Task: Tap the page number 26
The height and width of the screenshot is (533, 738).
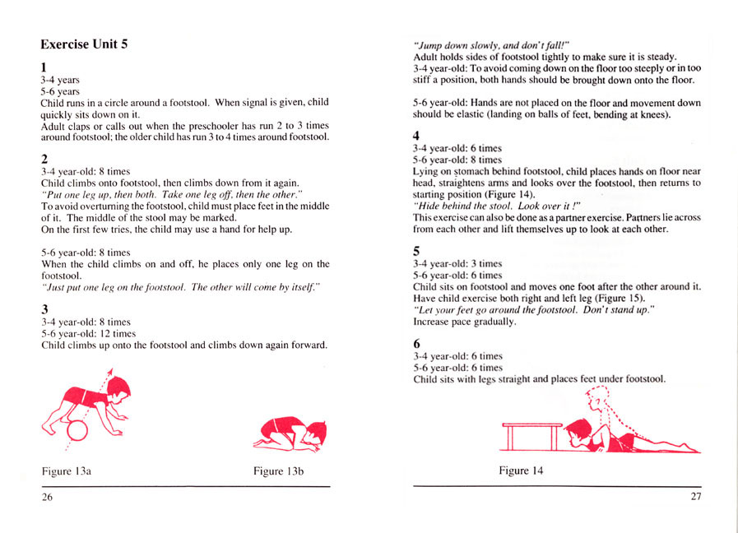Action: coord(47,496)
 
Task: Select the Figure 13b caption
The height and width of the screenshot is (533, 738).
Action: coord(279,471)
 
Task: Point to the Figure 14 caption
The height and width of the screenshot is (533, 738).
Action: coord(520,470)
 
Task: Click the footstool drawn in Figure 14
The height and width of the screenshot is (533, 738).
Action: coord(531,433)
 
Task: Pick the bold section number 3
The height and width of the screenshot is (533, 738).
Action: coord(44,308)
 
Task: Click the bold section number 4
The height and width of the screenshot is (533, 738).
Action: coord(416,135)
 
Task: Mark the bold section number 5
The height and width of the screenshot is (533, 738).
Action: coord(416,250)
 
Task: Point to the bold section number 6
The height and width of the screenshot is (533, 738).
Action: coord(416,342)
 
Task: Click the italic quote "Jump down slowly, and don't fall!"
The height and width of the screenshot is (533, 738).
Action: coord(491,44)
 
